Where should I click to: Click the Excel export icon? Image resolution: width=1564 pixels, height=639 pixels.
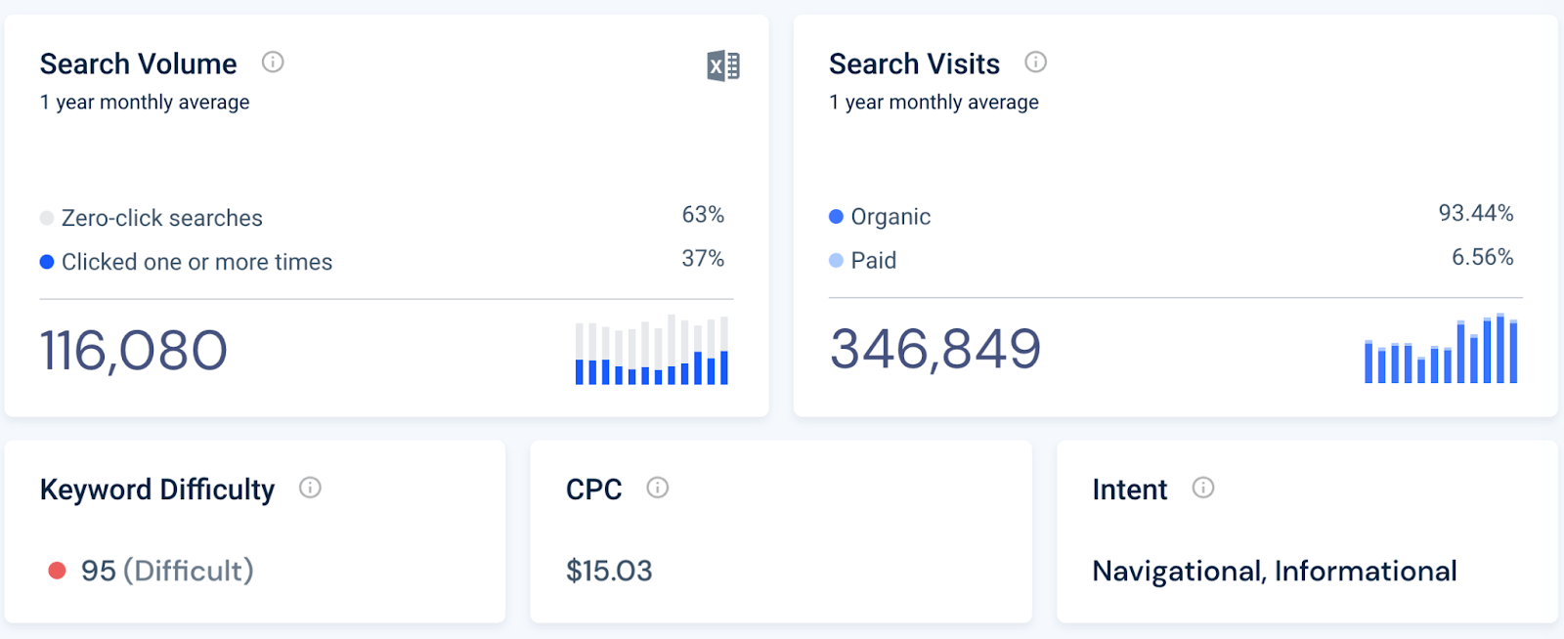click(723, 66)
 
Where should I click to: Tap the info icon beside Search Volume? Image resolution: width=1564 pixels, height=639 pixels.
click(273, 63)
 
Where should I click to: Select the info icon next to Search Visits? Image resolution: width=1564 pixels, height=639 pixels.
click(1035, 63)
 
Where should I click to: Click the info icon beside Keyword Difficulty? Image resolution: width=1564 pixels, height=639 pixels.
click(310, 488)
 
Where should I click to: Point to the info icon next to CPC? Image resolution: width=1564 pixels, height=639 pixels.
click(658, 488)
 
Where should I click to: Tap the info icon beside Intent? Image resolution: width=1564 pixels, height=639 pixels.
click(1203, 488)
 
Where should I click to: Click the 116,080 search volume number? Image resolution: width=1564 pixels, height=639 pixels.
click(134, 351)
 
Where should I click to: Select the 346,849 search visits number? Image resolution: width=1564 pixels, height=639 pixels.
click(935, 349)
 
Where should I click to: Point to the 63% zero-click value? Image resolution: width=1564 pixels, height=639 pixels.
click(703, 215)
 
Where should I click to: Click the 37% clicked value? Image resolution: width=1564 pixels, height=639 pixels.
click(703, 259)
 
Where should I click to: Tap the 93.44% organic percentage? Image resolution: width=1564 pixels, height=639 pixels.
click(1475, 213)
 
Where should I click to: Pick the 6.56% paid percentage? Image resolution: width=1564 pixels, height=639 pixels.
click(1482, 257)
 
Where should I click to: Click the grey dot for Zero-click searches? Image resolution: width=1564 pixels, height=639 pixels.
click(47, 218)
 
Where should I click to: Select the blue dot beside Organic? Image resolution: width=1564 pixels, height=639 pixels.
click(836, 217)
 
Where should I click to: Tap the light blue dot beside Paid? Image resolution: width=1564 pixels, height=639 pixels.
click(836, 261)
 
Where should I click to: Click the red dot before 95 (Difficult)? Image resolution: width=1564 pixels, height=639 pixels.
click(58, 571)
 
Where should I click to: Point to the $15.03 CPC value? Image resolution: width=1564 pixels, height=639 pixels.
click(609, 571)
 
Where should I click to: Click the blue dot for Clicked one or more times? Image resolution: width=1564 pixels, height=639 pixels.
click(47, 262)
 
